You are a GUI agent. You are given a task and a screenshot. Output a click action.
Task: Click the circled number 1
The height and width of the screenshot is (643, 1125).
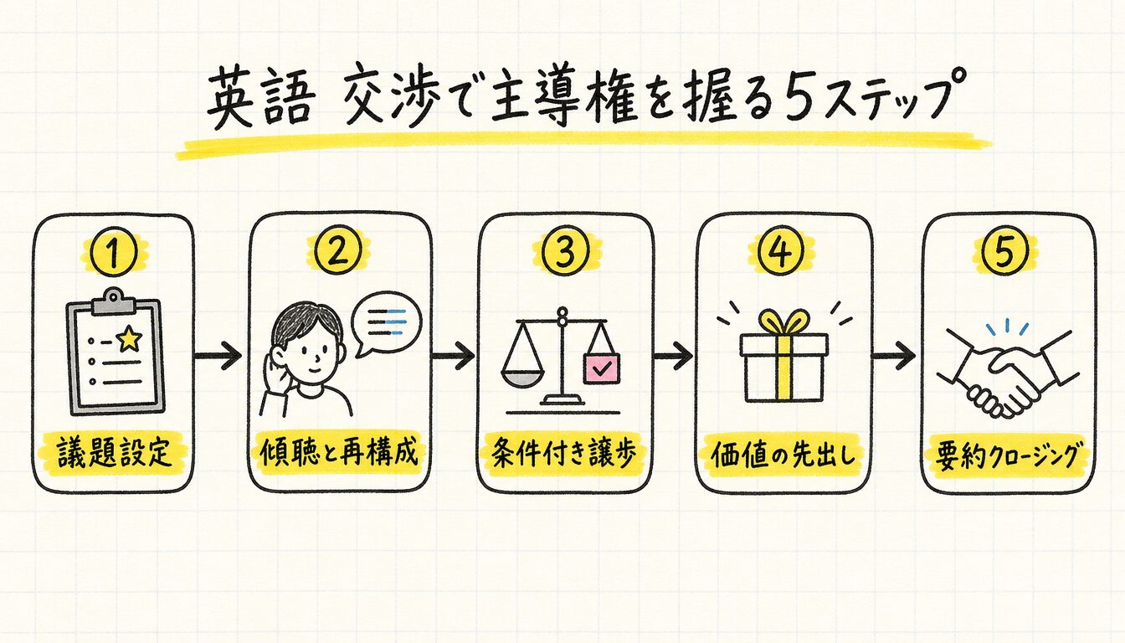(x=114, y=253)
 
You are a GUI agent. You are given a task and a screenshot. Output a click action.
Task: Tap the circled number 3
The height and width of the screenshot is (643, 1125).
(x=564, y=253)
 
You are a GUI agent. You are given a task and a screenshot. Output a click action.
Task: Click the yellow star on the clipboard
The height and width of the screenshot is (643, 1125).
(x=129, y=338)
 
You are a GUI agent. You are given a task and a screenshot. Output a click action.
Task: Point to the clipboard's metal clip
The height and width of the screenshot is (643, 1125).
(x=114, y=300)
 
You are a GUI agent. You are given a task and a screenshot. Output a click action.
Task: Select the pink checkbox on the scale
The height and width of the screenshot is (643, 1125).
(x=601, y=370)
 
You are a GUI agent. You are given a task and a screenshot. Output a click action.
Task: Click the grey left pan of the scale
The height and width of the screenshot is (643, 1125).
(x=523, y=378)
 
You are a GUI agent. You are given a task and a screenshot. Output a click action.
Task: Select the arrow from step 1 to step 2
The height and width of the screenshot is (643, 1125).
(x=218, y=356)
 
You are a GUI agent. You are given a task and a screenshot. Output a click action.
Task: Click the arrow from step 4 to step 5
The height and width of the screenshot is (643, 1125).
(x=892, y=356)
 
